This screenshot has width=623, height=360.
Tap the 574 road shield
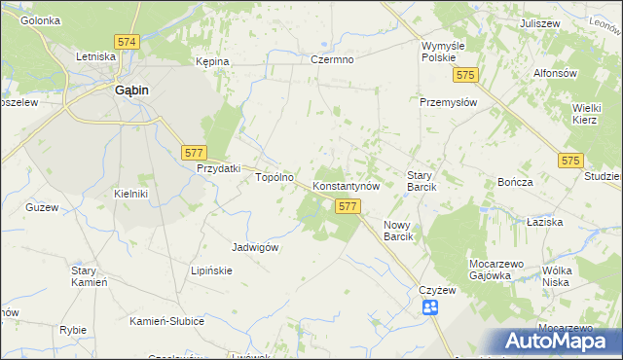click(x=127, y=43)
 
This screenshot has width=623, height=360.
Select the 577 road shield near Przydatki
click(x=193, y=152)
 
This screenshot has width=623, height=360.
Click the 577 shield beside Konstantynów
click(x=348, y=206)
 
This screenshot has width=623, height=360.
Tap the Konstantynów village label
click(x=351, y=185)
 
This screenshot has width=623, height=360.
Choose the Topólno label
click(x=274, y=178)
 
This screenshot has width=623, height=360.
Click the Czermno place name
click(x=332, y=59)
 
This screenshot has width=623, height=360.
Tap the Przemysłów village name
click(x=447, y=102)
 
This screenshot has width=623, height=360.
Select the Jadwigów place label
click(x=256, y=247)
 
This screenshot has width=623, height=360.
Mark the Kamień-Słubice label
click(x=166, y=321)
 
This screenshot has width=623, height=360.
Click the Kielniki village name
click(x=130, y=194)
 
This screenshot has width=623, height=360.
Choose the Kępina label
click(x=211, y=61)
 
